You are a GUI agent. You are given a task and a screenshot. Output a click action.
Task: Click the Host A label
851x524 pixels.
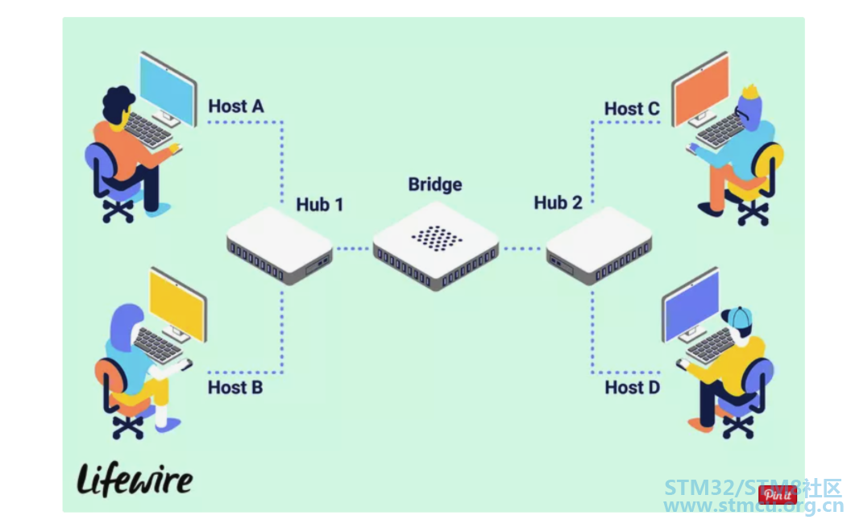pos(236,106)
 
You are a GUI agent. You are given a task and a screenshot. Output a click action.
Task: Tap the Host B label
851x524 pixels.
pos(235,387)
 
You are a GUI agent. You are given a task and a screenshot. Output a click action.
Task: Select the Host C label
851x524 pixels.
pos(632,109)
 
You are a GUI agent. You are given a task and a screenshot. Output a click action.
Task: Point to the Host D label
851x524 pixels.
pos(633,387)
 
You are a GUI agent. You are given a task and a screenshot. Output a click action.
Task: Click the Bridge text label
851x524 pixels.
pos(434,185)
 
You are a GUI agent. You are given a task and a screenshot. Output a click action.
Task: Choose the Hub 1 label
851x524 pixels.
pos(320,205)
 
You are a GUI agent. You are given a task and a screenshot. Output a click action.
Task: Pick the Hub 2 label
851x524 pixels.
pos(558,202)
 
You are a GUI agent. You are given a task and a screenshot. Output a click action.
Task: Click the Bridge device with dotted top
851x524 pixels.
pos(436,245)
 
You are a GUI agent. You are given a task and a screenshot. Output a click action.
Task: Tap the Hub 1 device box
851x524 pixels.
pos(280,245)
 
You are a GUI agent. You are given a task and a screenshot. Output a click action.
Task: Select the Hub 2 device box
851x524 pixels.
pos(600,245)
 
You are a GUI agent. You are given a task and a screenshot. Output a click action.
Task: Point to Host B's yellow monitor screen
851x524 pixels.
pos(176,305)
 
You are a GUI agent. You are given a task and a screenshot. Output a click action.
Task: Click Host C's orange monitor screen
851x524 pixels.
pos(701,89)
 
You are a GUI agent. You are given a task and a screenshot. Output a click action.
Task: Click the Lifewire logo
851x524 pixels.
pos(135,480)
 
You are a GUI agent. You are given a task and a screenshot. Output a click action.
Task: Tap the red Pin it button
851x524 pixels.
pos(777,495)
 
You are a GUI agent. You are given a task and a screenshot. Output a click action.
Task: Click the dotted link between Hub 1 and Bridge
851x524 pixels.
pos(352,248)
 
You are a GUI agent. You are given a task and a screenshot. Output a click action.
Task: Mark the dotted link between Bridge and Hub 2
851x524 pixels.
pos(521,248)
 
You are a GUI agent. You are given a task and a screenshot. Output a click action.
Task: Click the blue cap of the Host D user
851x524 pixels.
pos(738,317)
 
